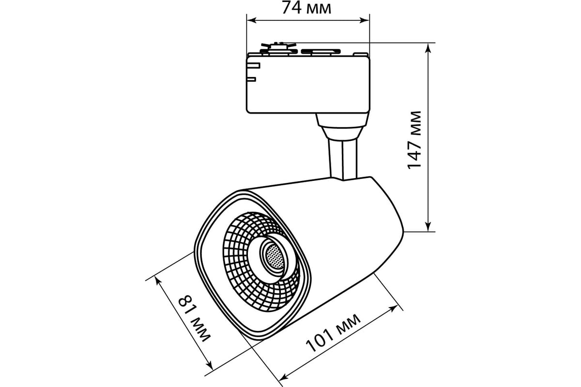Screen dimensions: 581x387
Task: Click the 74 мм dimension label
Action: [x=306, y=8]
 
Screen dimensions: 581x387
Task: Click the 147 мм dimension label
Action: [x=414, y=140]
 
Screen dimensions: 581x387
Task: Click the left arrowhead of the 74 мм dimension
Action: [x=251, y=20]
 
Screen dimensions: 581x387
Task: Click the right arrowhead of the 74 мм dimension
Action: [x=365, y=20]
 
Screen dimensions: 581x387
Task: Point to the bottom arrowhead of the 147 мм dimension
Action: [x=428, y=226]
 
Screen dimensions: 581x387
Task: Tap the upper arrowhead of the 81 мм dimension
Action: [x=157, y=281]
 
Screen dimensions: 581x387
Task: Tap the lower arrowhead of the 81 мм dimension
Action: [x=210, y=366]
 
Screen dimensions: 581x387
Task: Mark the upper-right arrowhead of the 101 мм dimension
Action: [x=393, y=309]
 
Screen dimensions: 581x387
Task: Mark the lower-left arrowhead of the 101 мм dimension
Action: [x=285, y=377]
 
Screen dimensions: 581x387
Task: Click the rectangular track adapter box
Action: [x=308, y=85]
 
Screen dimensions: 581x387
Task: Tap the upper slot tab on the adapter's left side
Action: [x=254, y=66]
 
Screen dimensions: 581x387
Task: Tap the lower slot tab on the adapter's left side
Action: [x=252, y=79]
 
